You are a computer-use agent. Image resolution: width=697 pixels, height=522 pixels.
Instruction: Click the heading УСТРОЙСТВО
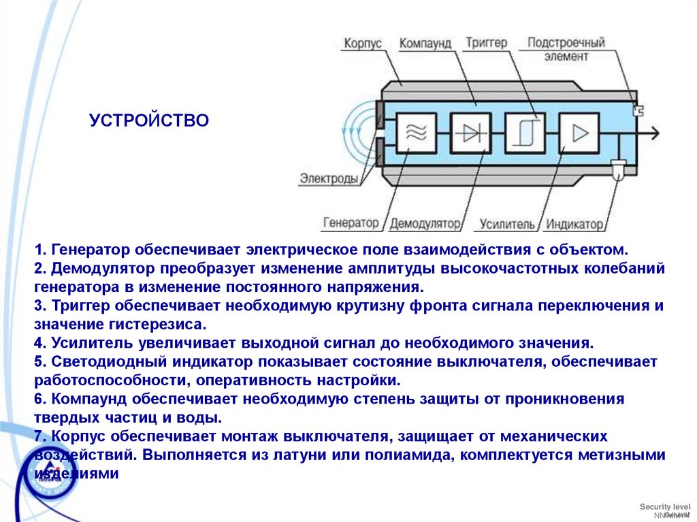click(x=149, y=120)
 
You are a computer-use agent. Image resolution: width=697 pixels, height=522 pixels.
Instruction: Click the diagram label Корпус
click(x=362, y=43)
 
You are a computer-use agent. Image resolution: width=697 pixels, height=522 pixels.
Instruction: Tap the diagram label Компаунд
click(x=425, y=43)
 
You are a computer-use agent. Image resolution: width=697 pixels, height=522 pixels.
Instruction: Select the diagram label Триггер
click(x=487, y=43)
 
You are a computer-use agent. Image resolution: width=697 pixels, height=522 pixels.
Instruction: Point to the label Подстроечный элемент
click(x=566, y=50)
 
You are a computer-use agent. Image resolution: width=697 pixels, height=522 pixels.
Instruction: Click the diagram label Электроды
click(x=329, y=178)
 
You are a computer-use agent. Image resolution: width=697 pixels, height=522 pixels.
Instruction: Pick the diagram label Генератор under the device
click(x=351, y=223)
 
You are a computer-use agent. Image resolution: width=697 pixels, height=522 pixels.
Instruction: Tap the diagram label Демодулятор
click(x=425, y=223)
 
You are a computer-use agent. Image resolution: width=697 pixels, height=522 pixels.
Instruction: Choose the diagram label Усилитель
click(x=507, y=223)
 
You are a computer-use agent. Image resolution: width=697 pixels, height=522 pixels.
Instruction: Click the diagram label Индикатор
click(x=575, y=223)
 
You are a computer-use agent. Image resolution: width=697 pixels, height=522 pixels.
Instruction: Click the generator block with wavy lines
click(x=416, y=133)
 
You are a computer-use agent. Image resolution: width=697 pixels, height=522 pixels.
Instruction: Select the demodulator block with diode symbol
click(x=470, y=133)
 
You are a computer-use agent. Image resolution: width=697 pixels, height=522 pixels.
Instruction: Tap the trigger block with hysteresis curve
click(x=525, y=133)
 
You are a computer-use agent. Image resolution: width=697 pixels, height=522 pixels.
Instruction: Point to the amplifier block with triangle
click(x=579, y=133)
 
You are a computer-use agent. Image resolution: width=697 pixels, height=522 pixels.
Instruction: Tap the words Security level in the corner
click(x=664, y=507)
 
